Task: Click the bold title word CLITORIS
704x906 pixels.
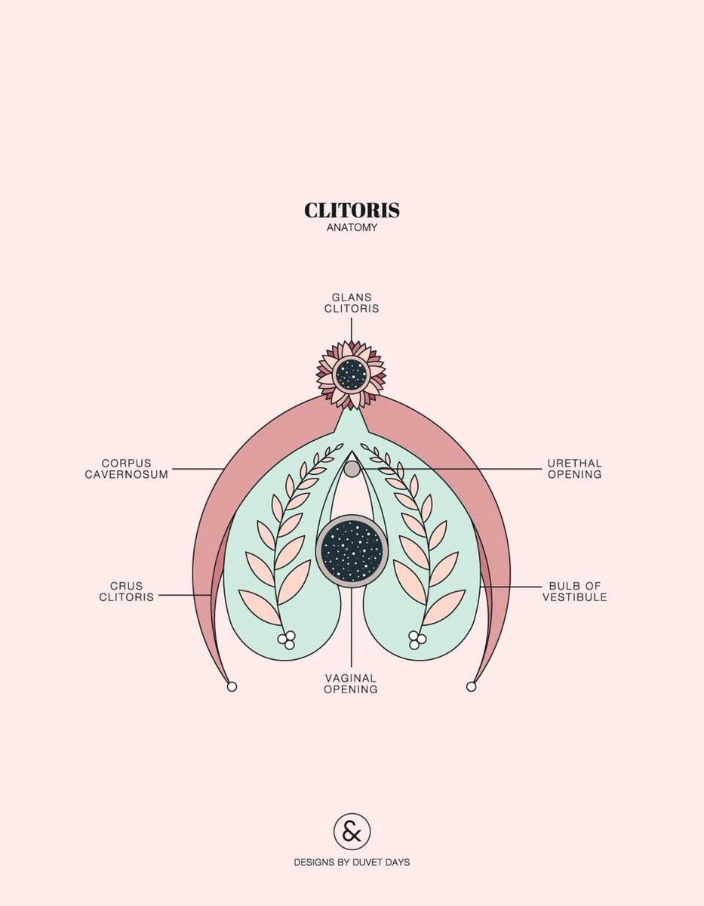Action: [x=352, y=211]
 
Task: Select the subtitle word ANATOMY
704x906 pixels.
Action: [x=352, y=227]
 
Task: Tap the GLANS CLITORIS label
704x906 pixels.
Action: [x=352, y=303]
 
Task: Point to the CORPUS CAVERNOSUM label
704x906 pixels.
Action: [x=127, y=469]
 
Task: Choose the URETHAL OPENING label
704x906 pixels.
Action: [x=574, y=469]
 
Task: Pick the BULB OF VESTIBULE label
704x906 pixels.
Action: [x=577, y=591]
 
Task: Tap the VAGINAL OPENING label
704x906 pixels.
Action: [x=351, y=684]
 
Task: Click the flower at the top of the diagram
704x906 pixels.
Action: [x=352, y=373]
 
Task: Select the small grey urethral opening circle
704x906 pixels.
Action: [x=352, y=469]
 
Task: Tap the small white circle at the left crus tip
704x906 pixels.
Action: [x=232, y=686]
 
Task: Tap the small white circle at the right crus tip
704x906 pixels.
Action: [x=472, y=686]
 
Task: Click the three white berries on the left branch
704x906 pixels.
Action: [x=287, y=640]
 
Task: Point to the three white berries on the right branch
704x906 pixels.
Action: [x=417, y=640]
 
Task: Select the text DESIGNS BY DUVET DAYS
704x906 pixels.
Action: [x=352, y=861]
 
